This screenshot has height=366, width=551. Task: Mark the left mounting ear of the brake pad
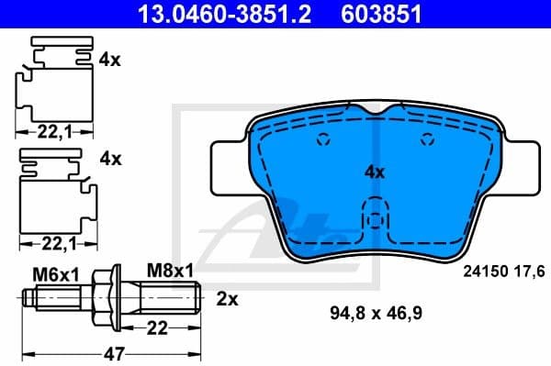(x=229, y=168)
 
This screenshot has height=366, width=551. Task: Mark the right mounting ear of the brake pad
(x=518, y=168)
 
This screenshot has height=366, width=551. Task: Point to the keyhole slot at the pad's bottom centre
(x=373, y=224)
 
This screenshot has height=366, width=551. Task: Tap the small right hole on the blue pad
(x=425, y=140)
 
